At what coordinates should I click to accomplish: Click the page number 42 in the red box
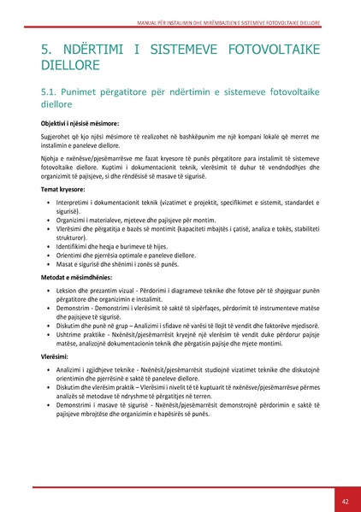[345, 500]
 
